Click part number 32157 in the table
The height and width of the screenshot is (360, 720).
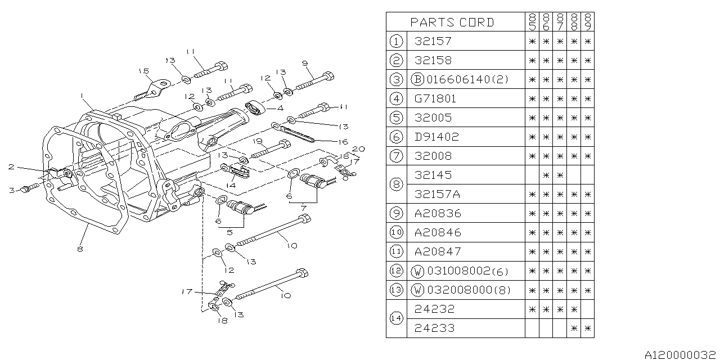[x=433, y=41]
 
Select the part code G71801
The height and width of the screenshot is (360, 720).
[x=435, y=98]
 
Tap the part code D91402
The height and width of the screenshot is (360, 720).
[x=436, y=137]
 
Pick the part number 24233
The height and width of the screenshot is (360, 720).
[x=434, y=328]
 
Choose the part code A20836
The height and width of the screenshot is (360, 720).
[x=436, y=213]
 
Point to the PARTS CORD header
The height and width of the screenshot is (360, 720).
[x=452, y=22]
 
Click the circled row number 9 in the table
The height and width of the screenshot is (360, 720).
[x=397, y=213]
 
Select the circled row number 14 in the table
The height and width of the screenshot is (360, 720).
[x=397, y=318]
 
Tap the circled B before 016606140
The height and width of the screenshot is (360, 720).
[x=417, y=79]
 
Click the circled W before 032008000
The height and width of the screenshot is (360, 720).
[x=417, y=290]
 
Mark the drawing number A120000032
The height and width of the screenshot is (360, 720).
[x=680, y=354]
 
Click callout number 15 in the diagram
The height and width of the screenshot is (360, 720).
[x=143, y=71]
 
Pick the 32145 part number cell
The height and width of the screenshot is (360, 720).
[x=433, y=175]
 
